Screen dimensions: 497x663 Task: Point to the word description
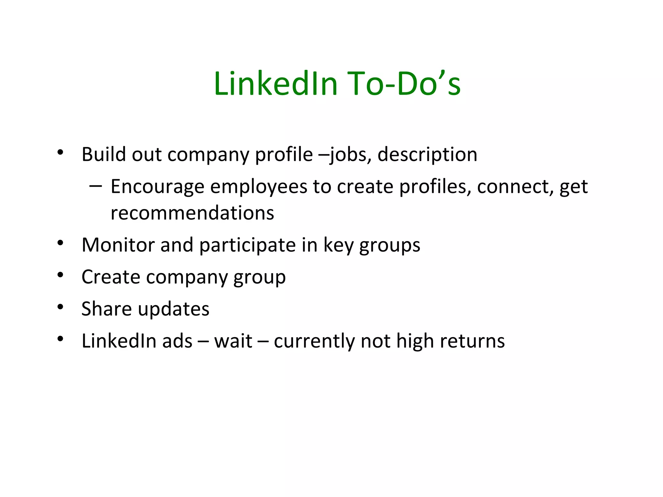tap(427, 155)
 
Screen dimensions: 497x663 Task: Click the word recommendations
tap(192, 213)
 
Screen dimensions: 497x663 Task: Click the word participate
tap(247, 245)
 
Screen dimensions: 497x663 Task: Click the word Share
tap(107, 309)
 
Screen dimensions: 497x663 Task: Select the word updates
tap(174, 309)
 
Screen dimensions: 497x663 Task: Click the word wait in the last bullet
tap(233, 341)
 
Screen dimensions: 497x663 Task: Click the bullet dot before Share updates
tap(60, 307)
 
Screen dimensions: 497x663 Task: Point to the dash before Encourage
tap(96, 186)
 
